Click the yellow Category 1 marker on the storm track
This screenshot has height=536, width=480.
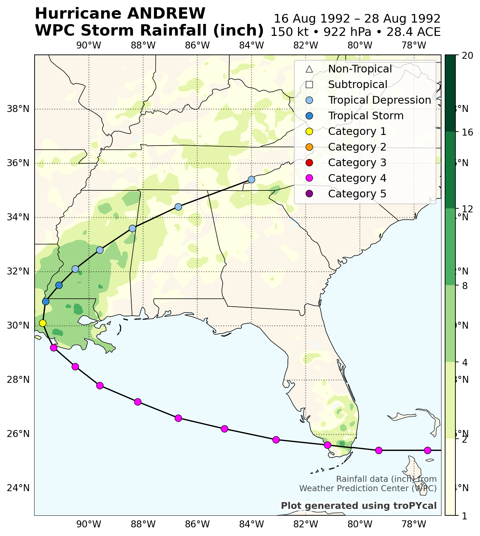(x=43, y=323)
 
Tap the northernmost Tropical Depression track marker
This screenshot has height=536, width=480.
(x=251, y=179)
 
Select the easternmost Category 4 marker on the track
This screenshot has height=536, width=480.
(x=427, y=450)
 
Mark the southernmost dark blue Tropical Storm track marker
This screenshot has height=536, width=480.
(x=46, y=301)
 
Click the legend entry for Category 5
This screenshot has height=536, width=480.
(x=357, y=194)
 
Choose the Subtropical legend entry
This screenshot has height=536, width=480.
(x=358, y=85)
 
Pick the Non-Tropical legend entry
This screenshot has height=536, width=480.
(x=360, y=69)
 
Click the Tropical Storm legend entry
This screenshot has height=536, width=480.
(x=366, y=116)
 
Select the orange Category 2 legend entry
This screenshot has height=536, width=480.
(x=357, y=147)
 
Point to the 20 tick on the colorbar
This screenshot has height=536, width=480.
(x=468, y=55)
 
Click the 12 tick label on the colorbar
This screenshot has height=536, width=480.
(x=468, y=209)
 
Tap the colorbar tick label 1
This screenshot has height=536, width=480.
(x=465, y=516)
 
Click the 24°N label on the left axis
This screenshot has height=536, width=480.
(x=18, y=488)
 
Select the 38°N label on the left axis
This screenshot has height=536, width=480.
(x=18, y=109)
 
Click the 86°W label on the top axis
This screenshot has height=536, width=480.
(x=197, y=46)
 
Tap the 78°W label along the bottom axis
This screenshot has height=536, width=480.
(x=414, y=525)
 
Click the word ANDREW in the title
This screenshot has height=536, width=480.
(x=166, y=14)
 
